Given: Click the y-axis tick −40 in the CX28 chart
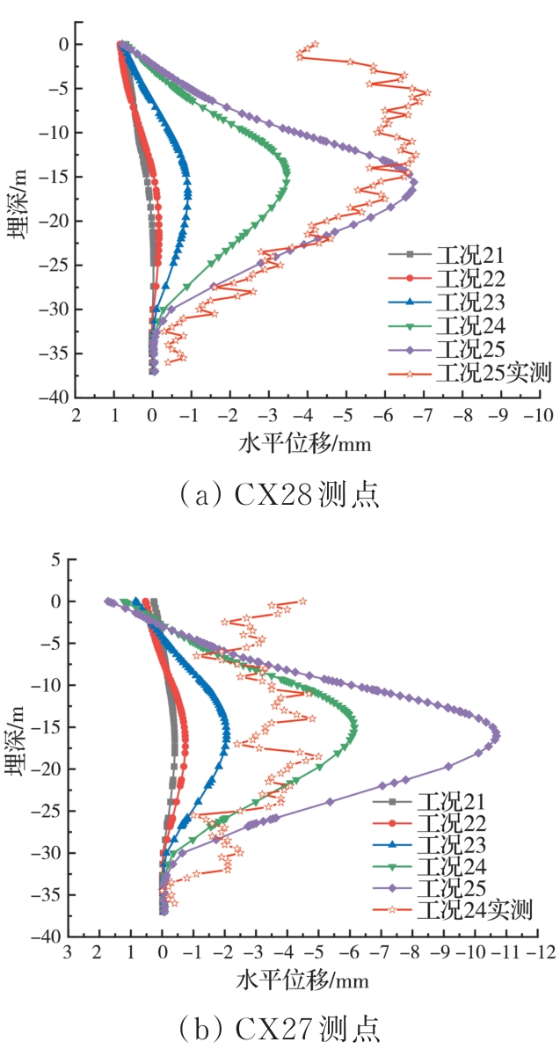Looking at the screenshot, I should [x=57, y=397].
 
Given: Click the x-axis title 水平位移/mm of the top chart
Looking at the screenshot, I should [x=305, y=444].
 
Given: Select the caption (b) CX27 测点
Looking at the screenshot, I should [x=280, y=1028].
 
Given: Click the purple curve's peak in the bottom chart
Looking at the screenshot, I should [x=497, y=736].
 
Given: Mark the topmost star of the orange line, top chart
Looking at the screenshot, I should [x=315, y=44].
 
